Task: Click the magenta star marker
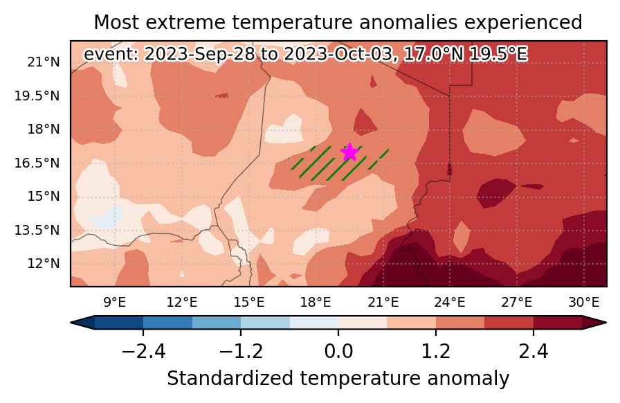tap(349, 152)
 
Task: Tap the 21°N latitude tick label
tap(44, 62)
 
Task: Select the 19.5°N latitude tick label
tap(37, 96)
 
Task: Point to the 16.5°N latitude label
tap(37, 163)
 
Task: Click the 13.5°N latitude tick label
tap(37, 230)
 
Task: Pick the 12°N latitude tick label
tap(44, 263)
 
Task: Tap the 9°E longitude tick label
tap(115, 303)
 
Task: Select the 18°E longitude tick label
tap(316, 303)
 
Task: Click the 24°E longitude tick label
tap(450, 303)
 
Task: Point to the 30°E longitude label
tap(583, 303)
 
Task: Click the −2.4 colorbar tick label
tap(143, 351)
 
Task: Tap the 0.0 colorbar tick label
tap(338, 351)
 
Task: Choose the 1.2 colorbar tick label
tap(436, 351)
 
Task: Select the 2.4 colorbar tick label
tap(534, 351)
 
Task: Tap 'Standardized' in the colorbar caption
tap(230, 379)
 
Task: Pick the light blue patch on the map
tap(104, 217)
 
